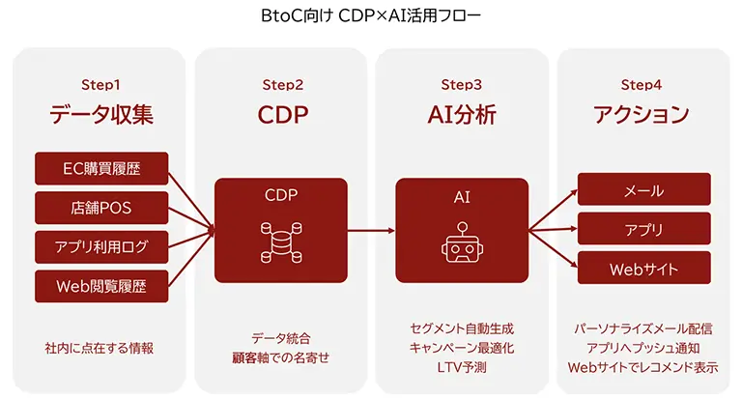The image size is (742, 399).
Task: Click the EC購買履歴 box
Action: click(101, 168)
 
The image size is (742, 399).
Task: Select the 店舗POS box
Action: click(101, 207)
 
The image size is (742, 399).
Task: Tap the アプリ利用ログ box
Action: click(101, 245)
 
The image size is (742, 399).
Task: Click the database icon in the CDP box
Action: click(281, 242)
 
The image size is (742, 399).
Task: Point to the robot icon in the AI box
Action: click(461, 242)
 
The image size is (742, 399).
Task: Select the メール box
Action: click(643, 189)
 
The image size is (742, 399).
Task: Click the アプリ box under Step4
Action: click(643, 229)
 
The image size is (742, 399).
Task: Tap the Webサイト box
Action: click(643, 268)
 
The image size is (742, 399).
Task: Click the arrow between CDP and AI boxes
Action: click(371, 230)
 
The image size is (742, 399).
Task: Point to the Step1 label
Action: click(101, 85)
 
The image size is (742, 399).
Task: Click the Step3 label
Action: click(462, 85)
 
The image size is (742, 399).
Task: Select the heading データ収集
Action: click(101, 115)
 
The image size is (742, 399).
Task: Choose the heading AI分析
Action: click(462, 115)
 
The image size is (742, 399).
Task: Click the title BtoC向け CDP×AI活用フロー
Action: click(370, 15)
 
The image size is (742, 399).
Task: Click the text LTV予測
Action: click(462, 367)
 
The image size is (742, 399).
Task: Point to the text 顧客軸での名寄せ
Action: click(281, 357)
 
